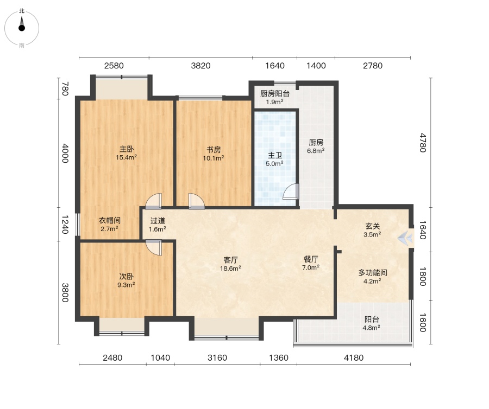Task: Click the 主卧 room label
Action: coord(126,149)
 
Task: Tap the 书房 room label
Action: coord(214,150)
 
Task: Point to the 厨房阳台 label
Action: coord(275,94)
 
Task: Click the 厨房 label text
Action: coord(316,143)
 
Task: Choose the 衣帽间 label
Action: coord(109,220)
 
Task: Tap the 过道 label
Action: coord(158,221)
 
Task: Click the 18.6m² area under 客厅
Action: coord(230,269)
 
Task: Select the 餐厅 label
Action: coord(311,259)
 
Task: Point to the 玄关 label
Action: coord(372,226)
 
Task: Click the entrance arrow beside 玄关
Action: coord(405,239)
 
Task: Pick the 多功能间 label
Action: coord(373,273)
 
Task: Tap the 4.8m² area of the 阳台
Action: coord(371,328)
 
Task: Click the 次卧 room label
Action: coord(126,277)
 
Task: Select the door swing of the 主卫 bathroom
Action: coord(291,191)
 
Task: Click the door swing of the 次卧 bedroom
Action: coord(154,247)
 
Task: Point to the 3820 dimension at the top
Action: coord(200,66)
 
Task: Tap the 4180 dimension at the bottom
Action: coord(354,357)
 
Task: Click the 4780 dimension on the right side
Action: coord(423,143)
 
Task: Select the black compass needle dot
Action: coord(22,28)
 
